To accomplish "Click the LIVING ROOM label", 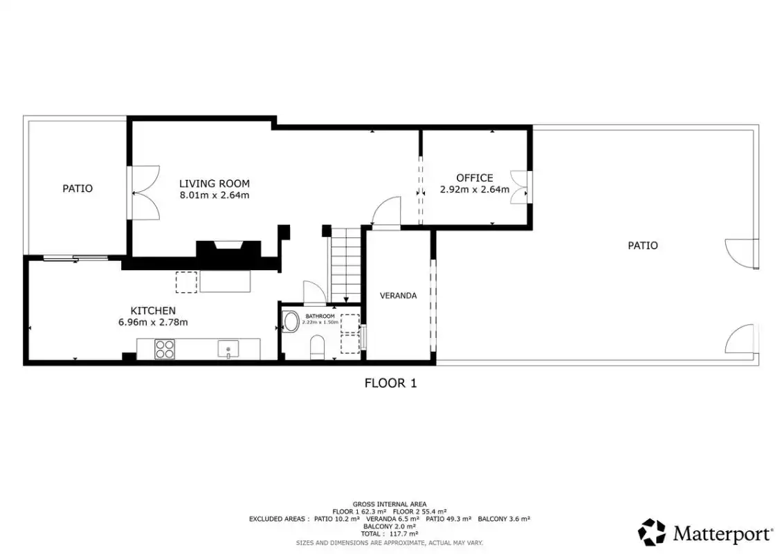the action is click(215, 184).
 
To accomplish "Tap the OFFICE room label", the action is click(475, 178).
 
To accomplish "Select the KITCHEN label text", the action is click(153, 310).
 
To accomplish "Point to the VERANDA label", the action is click(398, 296).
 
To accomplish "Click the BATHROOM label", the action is click(320, 316).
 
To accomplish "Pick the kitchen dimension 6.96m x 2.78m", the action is click(153, 323).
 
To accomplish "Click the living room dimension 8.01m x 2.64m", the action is click(215, 195).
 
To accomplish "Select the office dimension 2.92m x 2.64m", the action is click(475, 189).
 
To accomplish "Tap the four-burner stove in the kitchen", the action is click(165, 349).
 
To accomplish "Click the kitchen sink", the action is click(228, 349).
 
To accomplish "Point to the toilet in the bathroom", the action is click(317, 348).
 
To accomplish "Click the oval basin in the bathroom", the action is click(290, 322).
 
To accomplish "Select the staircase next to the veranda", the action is click(346, 265).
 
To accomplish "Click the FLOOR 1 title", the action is click(390, 384).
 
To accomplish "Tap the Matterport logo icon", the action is click(652, 532).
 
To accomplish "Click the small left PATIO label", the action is click(78, 188).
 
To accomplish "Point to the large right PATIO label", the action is click(643, 246).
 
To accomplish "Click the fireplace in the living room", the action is click(228, 249).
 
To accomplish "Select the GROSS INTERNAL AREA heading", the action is click(390, 505).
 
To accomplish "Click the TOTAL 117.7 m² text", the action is click(390, 533).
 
